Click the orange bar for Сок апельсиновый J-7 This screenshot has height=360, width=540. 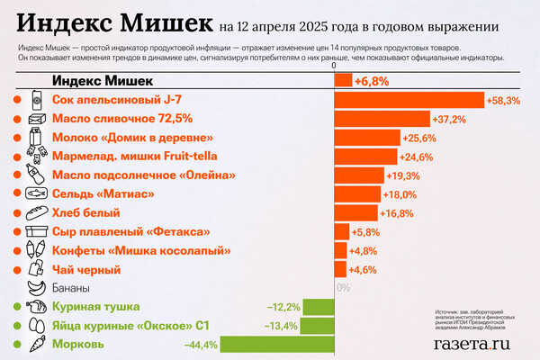(409, 101)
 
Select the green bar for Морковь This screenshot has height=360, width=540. (277, 344)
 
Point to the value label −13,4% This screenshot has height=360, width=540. (281, 326)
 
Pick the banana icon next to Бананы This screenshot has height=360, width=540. (36, 288)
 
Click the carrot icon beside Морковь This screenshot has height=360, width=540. (36, 344)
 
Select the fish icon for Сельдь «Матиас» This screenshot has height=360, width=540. (36, 194)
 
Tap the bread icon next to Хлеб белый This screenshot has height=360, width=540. (36, 213)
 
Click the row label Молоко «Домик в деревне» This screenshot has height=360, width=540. (132, 138)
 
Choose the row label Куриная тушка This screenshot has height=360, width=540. (99, 307)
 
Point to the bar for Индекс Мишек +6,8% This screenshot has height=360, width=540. (343, 81)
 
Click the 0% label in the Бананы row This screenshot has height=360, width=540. (342, 288)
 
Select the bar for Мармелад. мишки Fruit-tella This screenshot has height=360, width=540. (364, 157)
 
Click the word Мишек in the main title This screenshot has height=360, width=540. (166, 20)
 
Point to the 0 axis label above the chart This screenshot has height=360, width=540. (334, 66)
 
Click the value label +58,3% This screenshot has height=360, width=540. (502, 101)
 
